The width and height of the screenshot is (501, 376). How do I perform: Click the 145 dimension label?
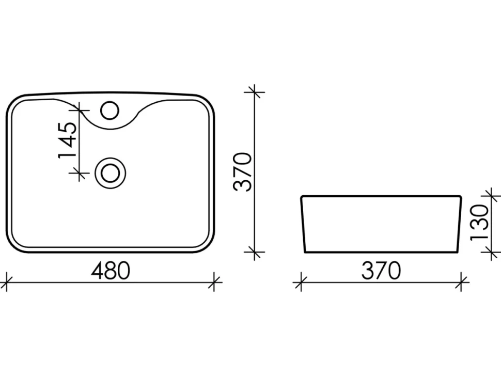tap(68, 139)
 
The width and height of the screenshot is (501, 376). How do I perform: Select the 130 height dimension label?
tap(480, 223)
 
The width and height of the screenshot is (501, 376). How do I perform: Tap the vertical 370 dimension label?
tap(243, 172)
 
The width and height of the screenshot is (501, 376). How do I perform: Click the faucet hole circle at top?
tap(109, 110)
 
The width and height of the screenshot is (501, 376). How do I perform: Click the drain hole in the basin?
tap(110, 173)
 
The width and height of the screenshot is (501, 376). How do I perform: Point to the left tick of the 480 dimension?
tap(7, 282)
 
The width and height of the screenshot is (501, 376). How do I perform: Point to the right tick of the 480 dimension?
tap(214, 282)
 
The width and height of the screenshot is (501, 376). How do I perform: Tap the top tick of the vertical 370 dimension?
tap(254, 92)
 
